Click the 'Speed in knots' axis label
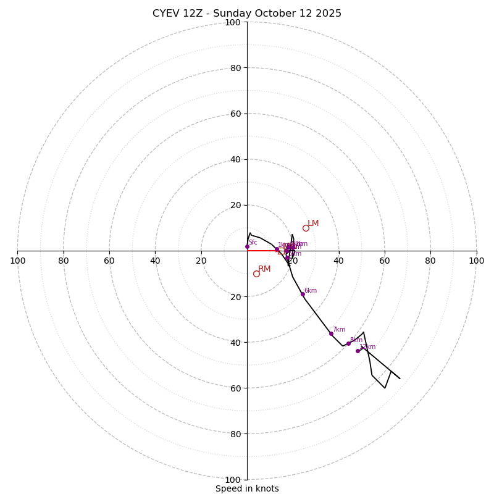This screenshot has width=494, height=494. (x=247, y=488)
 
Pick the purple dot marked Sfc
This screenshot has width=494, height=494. (x=247, y=246)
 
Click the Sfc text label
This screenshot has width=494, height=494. (x=253, y=243)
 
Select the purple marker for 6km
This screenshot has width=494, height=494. (x=303, y=294)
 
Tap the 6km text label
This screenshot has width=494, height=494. (x=311, y=291)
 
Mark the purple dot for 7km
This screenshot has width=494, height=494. (x=331, y=333)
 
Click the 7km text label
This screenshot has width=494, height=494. (x=339, y=330)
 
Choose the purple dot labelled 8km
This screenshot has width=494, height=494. (x=348, y=343)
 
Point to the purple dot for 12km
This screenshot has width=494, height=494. (x=358, y=351)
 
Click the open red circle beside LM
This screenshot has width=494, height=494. (x=306, y=228)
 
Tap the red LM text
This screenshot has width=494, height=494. (x=313, y=224)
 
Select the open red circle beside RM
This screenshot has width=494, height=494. (x=256, y=274)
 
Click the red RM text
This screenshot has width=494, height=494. (x=264, y=269)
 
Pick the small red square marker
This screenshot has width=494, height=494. (x=281, y=251)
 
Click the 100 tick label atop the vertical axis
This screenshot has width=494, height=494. (x=233, y=23)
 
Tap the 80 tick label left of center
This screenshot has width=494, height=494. (x=64, y=261)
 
